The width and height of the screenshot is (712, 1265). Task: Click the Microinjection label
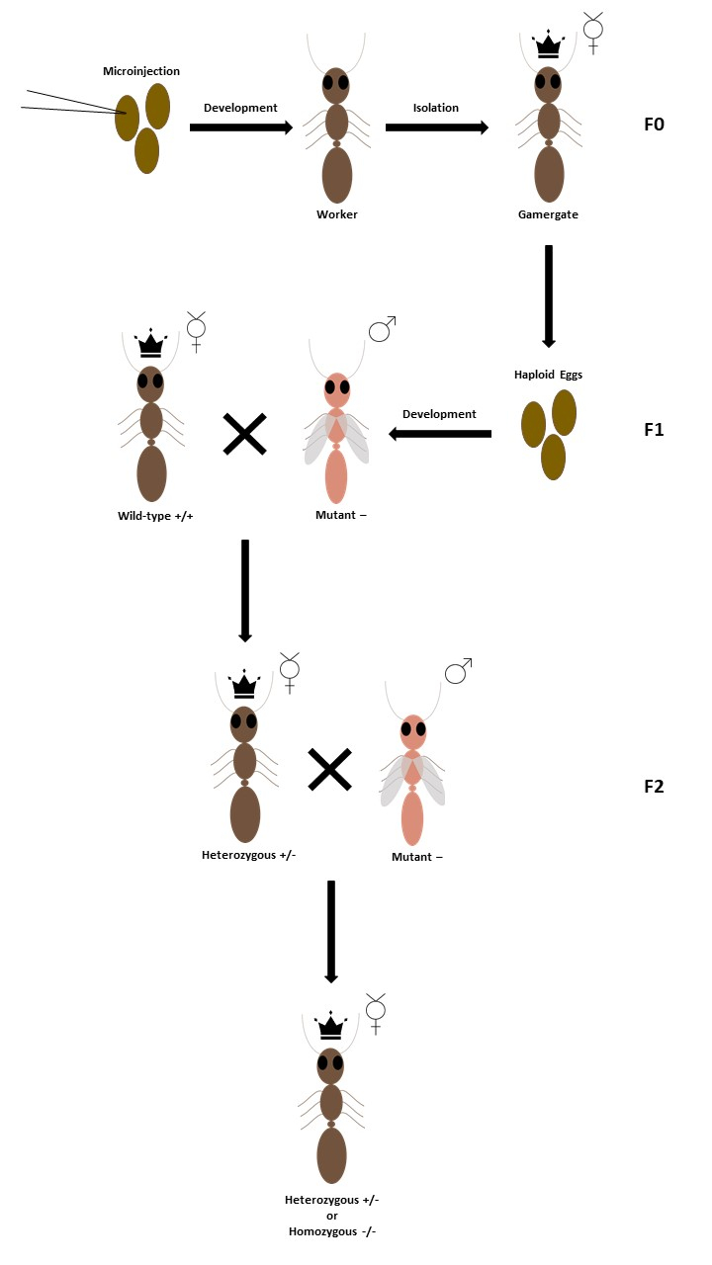tap(141, 71)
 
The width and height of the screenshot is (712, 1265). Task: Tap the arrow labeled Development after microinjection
tap(240, 126)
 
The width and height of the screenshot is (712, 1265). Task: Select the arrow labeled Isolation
tap(436, 126)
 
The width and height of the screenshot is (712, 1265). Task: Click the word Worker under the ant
tap(336, 214)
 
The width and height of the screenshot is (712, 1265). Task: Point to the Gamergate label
tap(548, 214)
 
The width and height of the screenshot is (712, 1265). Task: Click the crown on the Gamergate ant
tap(547, 45)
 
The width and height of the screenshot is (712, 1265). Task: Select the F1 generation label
tap(655, 430)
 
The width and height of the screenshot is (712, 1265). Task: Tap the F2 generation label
tap(655, 787)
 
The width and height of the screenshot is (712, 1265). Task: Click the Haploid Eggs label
tap(550, 375)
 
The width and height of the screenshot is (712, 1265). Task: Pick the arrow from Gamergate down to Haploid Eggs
tap(548, 295)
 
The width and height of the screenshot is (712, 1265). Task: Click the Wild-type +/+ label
tap(152, 515)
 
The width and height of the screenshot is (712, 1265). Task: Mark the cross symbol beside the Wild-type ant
tap(244, 434)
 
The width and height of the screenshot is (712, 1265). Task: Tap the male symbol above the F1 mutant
tap(382, 329)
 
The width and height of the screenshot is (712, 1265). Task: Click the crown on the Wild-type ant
tap(150, 345)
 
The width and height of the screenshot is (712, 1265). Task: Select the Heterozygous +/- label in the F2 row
tap(249, 854)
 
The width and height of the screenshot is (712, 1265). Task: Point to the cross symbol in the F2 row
tap(330, 770)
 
